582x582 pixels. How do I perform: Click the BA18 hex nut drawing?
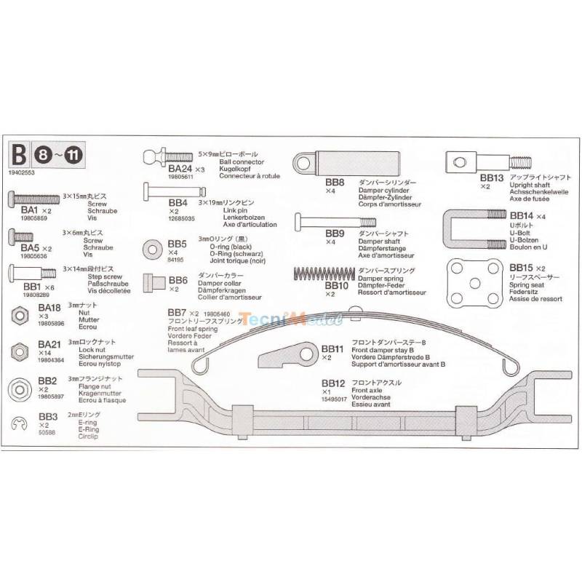pyautogui.click(x=17, y=315)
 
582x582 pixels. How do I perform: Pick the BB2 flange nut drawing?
pyautogui.click(x=17, y=386)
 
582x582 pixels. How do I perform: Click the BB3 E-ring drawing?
pyautogui.click(x=20, y=423)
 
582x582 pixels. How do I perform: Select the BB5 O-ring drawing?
pyautogui.click(x=154, y=247)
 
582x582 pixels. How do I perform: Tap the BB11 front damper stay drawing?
pyautogui.click(x=289, y=352)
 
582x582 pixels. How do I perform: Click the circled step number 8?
pyautogui.click(x=45, y=154)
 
